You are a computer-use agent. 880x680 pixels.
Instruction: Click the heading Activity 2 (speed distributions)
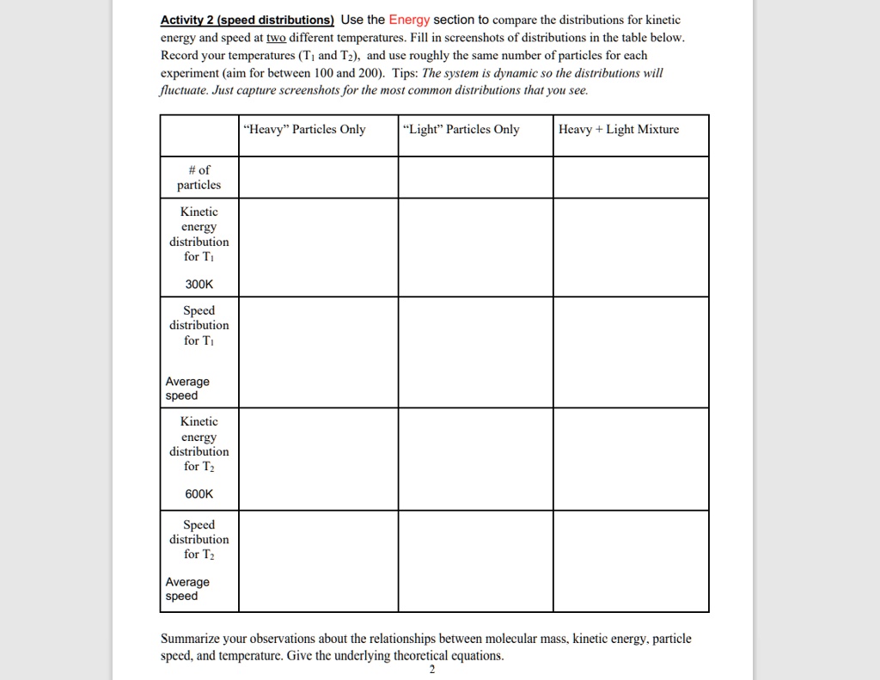point(247,20)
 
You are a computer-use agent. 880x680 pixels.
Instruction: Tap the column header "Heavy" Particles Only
point(305,130)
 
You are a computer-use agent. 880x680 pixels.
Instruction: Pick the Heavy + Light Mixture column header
point(619,130)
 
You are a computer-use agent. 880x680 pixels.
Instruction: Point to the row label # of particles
point(199,177)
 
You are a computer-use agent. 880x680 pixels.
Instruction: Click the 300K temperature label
point(199,283)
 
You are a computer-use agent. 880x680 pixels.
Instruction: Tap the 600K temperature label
point(199,493)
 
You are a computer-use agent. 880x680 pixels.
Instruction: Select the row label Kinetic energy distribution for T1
point(199,234)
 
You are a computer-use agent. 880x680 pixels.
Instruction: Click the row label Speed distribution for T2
point(199,539)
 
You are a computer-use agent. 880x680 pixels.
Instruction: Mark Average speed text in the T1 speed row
point(187,389)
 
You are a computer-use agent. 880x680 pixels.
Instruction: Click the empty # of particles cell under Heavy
point(318,177)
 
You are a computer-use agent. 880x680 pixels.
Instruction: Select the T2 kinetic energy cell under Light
point(475,459)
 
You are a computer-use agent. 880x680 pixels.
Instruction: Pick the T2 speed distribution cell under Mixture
point(631,561)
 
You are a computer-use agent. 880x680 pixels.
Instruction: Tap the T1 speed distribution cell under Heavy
point(318,352)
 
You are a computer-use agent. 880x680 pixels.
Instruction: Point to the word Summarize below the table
point(192,639)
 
